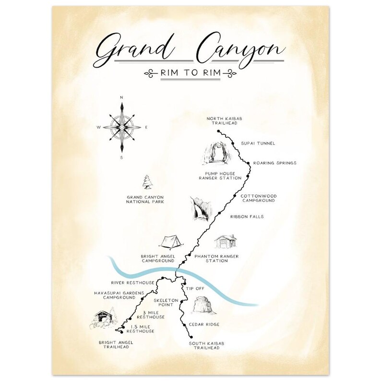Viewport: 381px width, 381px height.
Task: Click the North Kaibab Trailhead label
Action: pyautogui.click(x=222, y=120)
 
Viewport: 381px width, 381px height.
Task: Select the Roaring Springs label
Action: pyautogui.click(x=274, y=163)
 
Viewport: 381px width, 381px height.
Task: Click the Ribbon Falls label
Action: pyautogui.click(x=247, y=216)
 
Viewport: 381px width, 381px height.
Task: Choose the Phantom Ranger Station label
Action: pyautogui.click(x=216, y=259)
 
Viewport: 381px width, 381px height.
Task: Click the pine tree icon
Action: pyautogui.click(x=146, y=182)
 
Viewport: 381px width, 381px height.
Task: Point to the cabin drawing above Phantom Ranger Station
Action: pyautogui.click(x=225, y=241)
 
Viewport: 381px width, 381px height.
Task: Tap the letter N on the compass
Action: pyautogui.click(x=121, y=97)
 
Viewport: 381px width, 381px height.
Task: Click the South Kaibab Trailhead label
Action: pyautogui.click(x=206, y=345)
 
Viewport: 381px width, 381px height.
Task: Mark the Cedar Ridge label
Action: pyautogui.click(x=204, y=324)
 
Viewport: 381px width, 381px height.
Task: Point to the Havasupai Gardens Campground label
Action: pyautogui.click(x=113, y=295)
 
